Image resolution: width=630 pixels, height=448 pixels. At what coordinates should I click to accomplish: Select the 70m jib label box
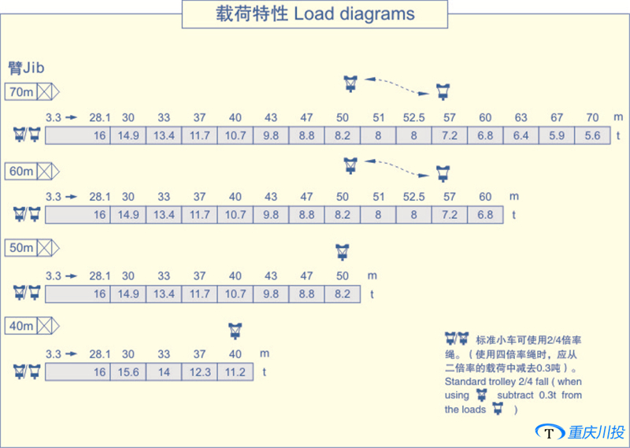tap(21, 92)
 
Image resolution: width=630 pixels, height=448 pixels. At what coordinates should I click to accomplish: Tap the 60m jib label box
tap(21, 170)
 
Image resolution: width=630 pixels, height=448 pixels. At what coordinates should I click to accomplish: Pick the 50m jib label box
tap(21, 248)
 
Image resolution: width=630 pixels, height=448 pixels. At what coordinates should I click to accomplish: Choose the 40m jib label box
tap(21, 325)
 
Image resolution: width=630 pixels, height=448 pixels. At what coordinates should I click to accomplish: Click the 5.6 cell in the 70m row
tap(592, 135)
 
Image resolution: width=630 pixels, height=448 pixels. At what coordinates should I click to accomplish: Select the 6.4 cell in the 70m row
tap(521, 135)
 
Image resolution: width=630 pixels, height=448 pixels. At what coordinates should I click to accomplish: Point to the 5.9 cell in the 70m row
tap(557, 135)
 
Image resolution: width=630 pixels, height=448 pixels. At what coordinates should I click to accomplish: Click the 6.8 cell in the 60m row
tap(485, 214)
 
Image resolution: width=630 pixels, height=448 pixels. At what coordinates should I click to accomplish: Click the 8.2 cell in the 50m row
tap(343, 294)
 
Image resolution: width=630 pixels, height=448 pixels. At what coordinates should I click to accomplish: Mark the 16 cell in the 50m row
tap(79, 294)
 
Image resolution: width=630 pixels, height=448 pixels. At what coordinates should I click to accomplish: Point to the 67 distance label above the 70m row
tap(557, 118)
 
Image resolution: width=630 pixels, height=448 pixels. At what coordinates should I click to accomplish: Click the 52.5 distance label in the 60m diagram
tap(414, 197)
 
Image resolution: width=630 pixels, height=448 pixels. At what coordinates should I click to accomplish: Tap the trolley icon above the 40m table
tap(234, 330)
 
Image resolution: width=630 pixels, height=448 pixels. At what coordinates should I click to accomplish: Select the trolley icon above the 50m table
tap(342, 252)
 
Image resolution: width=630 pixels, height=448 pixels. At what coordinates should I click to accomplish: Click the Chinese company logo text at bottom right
tap(596, 432)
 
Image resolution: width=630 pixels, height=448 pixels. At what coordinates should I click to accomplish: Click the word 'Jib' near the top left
tap(32, 68)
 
